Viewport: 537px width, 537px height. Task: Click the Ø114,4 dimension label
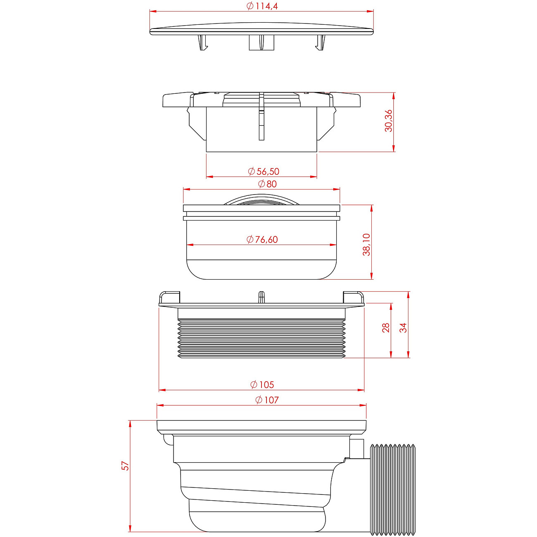[262, 6]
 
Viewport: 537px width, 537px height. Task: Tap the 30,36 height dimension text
[388, 121]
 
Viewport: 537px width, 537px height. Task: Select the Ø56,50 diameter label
[264, 171]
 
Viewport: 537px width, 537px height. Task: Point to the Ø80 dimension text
[267, 184]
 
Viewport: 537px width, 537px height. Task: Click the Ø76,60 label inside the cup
[262, 240]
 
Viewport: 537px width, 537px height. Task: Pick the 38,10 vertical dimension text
[366, 245]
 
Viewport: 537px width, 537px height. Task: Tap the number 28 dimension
[386, 328]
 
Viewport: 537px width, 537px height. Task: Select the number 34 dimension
[403, 328]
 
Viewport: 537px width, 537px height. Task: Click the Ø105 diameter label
[262, 385]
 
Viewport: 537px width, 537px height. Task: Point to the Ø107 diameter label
[267, 400]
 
